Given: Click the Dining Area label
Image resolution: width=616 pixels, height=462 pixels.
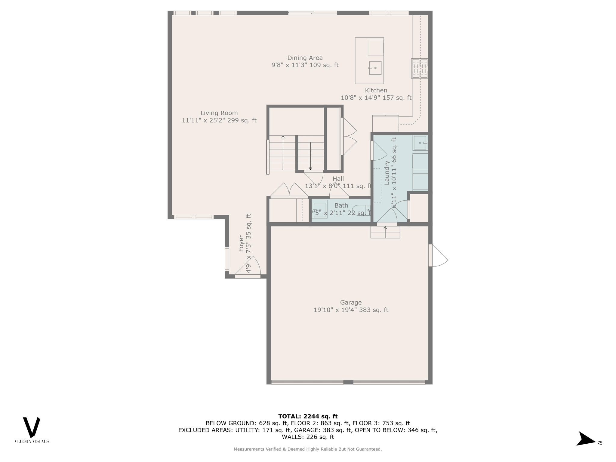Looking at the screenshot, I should [305, 58].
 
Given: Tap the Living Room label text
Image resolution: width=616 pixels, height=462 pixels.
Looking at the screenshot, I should [219, 113].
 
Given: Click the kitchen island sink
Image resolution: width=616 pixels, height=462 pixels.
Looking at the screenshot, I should [375, 68].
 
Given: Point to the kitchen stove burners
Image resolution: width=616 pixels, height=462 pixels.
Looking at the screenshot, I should [420, 69].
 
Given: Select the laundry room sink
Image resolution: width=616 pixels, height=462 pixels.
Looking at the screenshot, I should [420, 143].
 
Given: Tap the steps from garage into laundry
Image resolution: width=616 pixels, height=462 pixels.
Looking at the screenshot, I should [385, 232].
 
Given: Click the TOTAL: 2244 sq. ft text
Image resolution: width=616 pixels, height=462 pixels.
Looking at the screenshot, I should [308, 416].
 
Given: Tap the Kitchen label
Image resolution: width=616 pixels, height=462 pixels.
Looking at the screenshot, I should [376, 90].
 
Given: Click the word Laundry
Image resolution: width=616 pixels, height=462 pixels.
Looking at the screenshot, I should [387, 173].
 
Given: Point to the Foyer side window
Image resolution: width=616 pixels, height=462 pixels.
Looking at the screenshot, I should [227, 259].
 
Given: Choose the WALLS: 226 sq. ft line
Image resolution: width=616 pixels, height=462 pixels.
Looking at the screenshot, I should [308, 437].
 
